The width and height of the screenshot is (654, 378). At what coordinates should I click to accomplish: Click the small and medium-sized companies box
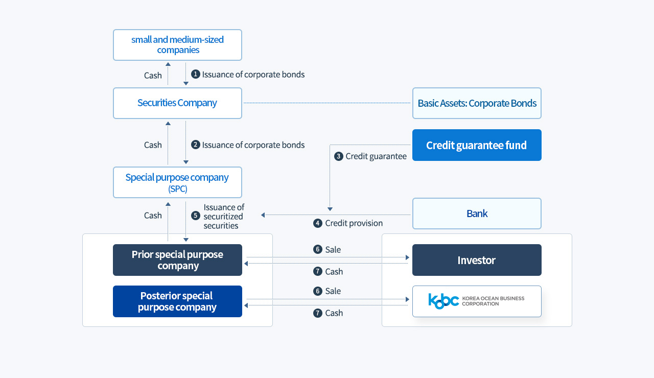coord(177,45)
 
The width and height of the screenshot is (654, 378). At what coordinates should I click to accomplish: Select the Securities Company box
coord(177,103)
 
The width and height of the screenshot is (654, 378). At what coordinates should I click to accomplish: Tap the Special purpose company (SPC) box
coord(177,182)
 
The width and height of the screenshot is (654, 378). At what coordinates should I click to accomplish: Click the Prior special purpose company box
coord(177,260)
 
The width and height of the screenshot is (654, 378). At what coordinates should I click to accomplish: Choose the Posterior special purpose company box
coord(177,301)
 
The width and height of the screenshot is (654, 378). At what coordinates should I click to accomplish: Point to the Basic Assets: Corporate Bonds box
coord(477,103)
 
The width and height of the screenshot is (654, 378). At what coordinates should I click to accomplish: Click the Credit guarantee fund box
coord(477,145)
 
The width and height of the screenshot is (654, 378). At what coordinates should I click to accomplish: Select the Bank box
coord(477,214)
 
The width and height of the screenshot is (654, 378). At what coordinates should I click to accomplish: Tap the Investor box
coord(477,260)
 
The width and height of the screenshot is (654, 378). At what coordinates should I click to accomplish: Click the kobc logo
coord(443,301)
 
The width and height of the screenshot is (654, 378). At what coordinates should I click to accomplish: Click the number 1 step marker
coord(195,74)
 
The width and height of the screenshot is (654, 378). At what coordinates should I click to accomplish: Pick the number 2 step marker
coord(195,145)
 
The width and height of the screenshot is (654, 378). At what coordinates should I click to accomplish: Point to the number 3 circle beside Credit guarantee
coord(338,156)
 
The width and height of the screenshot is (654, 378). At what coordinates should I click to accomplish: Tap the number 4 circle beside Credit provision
coord(318,223)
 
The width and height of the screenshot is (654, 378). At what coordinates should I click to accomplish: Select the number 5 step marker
coord(195,216)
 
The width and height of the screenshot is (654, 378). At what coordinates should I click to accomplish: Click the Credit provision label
coord(354,223)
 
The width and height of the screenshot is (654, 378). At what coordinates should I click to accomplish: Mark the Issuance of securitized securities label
coord(224,216)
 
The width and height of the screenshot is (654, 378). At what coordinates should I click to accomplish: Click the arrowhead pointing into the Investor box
coord(407,257)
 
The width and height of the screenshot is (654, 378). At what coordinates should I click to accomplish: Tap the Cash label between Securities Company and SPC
coord(153,145)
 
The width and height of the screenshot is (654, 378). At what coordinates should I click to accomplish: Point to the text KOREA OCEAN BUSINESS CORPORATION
coord(493,301)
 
